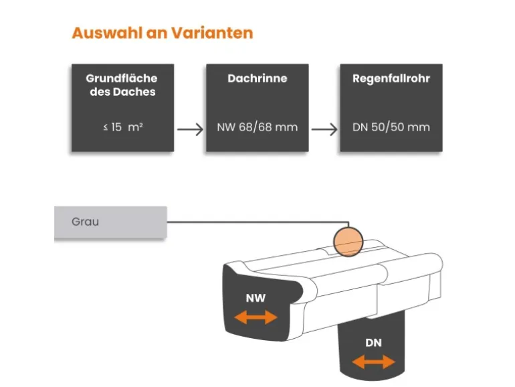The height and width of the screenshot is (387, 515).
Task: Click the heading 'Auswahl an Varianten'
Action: pos(163,33)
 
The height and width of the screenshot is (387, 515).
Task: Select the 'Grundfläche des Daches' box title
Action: pos(122,85)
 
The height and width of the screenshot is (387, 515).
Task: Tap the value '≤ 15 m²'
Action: pos(122,127)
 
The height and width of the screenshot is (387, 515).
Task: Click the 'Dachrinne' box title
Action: pos(257,79)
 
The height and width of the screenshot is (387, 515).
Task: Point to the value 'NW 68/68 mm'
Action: pos(257,127)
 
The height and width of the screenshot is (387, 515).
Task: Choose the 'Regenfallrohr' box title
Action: pos(391,79)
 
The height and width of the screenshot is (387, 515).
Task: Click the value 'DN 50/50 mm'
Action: pos(391,127)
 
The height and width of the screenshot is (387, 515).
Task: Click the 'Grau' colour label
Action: pos(85,222)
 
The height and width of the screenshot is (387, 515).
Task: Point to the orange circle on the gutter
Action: pos(348,241)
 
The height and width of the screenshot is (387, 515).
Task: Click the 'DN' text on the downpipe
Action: pos(373,343)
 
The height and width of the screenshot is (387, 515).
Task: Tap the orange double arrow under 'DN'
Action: pos(373,362)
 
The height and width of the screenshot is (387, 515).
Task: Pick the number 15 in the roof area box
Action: pos(117,127)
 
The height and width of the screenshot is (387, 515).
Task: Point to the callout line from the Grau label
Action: pos(257,222)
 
